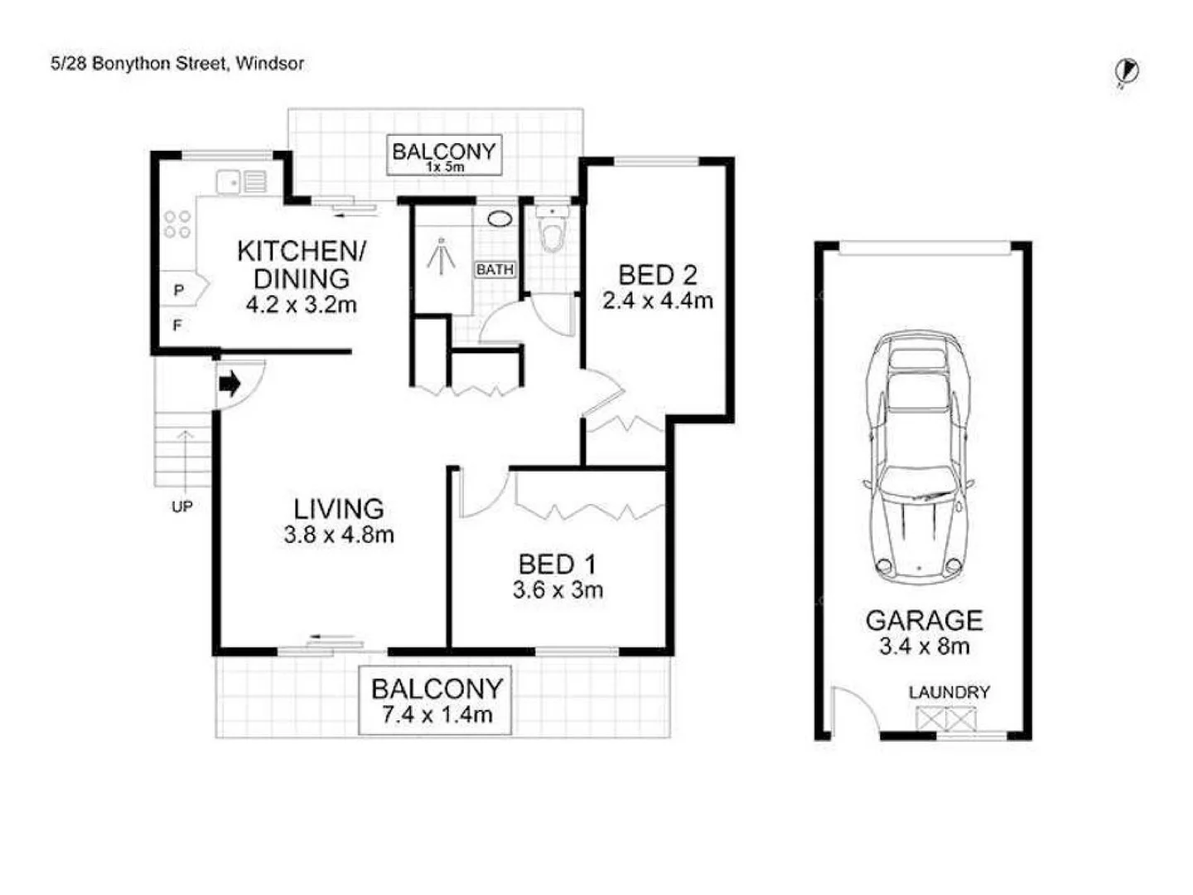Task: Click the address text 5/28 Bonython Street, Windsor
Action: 176,64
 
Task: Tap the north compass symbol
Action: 1127,72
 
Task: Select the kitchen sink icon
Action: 241,181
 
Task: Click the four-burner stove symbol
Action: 177,225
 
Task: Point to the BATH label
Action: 495,269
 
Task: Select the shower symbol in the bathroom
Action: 442,254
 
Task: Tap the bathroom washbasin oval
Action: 500,220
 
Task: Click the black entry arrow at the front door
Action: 229,384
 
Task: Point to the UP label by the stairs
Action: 181,506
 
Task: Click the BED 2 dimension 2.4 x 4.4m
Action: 657,301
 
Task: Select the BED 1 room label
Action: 557,564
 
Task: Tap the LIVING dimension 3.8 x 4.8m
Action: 338,535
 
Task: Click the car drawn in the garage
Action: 918,456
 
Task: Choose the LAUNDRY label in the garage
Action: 949,692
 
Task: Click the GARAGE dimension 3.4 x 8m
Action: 924,646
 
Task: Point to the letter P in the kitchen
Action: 178,291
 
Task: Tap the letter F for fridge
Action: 177,326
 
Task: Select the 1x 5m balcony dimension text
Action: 445,167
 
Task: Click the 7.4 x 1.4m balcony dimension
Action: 437,714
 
